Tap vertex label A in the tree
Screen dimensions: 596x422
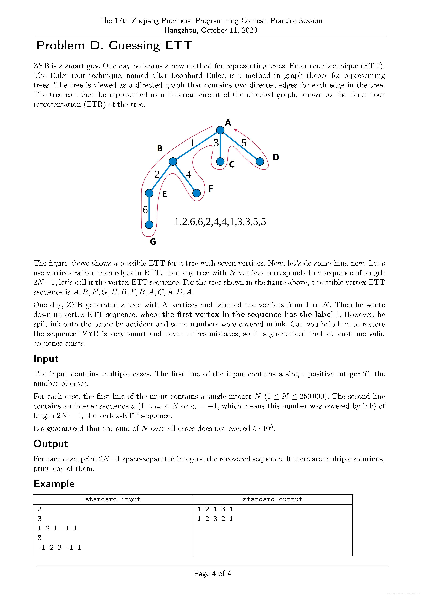coord(228,123)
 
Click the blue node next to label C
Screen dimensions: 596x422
coord(220,161)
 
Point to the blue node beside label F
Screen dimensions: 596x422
coord(197,193)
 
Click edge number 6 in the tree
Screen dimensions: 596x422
coord(145,209)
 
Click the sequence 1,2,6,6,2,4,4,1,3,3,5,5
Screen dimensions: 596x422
coord(220,222)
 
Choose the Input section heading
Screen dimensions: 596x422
coord(46,358)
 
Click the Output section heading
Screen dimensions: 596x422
coord(51,444)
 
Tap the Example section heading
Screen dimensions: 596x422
coord(54,484)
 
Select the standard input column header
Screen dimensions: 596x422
coord(113,499)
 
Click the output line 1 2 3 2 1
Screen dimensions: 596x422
coord(215,519)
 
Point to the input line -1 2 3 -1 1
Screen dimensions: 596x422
coord(59,548)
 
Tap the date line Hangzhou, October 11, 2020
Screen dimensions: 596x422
coord(211,30)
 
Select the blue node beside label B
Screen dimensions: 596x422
coord(173,161)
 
